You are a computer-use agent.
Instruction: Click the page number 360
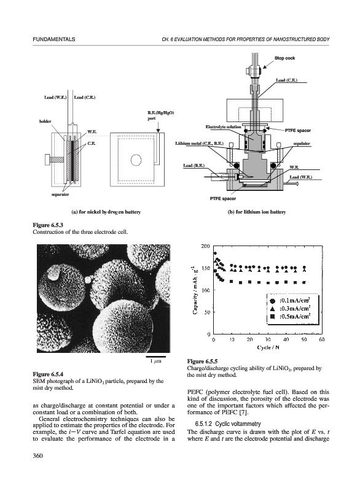click(x=37, y=455)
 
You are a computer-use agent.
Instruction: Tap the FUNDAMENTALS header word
click(x=54, y=39)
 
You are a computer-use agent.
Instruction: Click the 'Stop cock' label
click(x=284, y=58)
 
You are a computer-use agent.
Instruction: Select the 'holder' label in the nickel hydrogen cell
click(x=45, y=121)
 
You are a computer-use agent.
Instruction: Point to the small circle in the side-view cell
click(x=136, y=160)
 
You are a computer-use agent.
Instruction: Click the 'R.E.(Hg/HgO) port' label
click(x=161, y=115)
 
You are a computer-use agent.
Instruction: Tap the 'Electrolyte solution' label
click(x=224, y=127)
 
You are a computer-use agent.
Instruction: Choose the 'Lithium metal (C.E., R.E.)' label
click(x=199, y=144)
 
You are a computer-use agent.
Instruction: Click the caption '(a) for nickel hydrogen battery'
click(x=106, y=212)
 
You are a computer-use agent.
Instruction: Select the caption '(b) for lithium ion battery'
click(x=257, y=212)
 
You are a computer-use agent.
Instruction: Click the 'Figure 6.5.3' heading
click(x=45, y=225)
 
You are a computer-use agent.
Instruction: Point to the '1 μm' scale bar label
click(x=155, y=361)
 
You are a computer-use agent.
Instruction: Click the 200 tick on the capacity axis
click(x=205, y=247)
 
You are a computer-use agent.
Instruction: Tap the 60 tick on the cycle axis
click(x=322, y=339)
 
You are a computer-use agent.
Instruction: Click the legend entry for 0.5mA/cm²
click(x=290, y=316)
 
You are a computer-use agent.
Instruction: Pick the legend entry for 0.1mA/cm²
click(x=290, y=301)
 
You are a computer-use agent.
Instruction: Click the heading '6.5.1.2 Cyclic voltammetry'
click(x=228, y=424)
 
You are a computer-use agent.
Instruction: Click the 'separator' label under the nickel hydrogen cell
click(x=60, y=195)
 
